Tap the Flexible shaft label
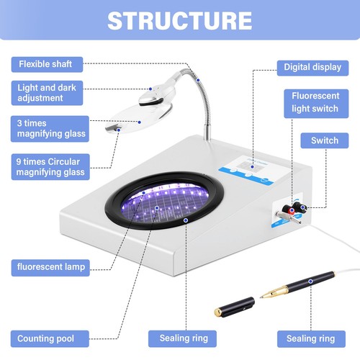46,63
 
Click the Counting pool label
48,337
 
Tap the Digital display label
309,68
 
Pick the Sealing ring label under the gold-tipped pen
310,337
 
